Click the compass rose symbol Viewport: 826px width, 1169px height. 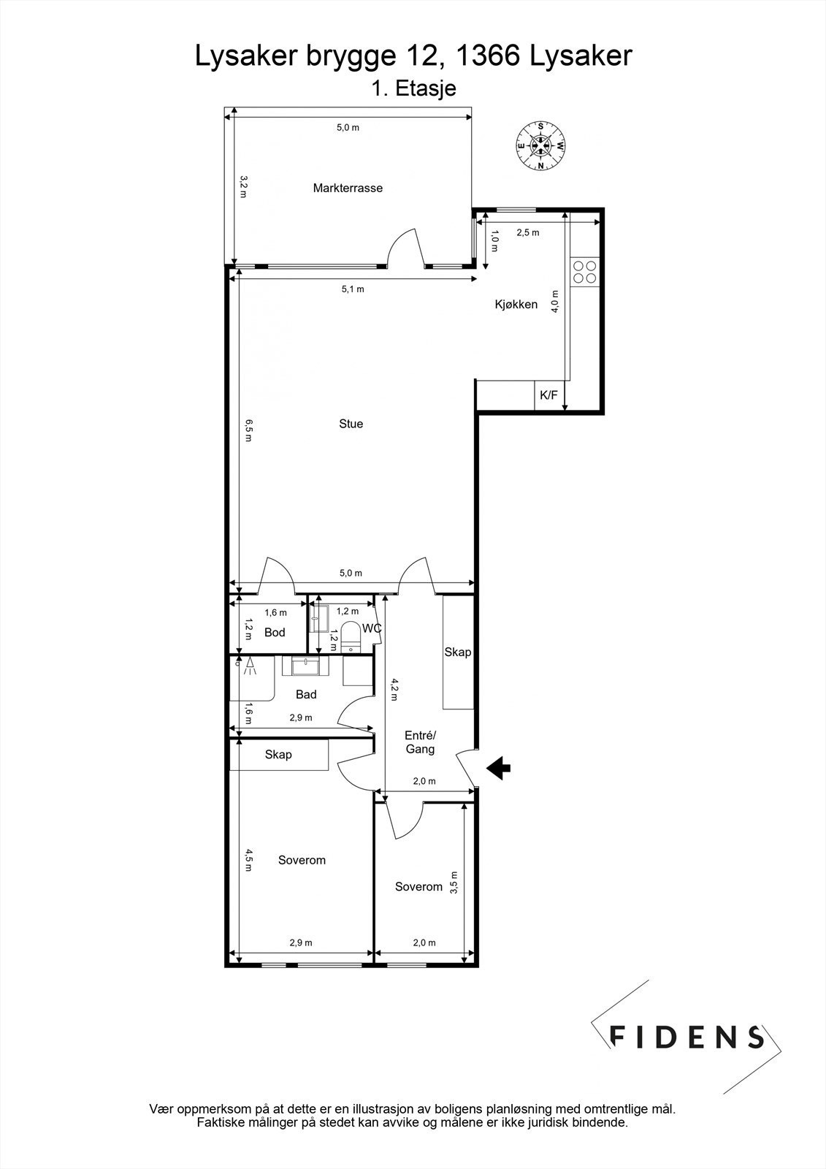pyautogui.click(x=540, y=145)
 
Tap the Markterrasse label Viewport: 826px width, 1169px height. pyautogui.click(x=348, y=188)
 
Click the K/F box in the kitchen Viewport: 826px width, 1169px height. pyautogui.click(x=548, y=396)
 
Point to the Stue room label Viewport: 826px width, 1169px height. pyautogui.click(x=351, y=424)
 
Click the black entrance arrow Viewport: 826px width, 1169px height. pyautogui.click(x=499, y=768)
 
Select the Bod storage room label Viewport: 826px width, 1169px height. pyautogui.click(x=275, y=633)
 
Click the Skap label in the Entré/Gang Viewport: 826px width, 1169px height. pyautogui.click(x=458, y=652)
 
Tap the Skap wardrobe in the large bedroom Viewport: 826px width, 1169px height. pyautogui.click(x=278, y=755)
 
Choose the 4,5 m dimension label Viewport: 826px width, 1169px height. pyautogui.click(x=248, y=859)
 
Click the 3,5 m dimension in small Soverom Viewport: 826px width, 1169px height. pyautogui.click(x=454, y=883)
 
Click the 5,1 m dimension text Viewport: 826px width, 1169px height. pyautogui.click(x=353, y=289)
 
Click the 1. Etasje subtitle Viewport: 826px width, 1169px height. pyautogui.click(x=413, y=89)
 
